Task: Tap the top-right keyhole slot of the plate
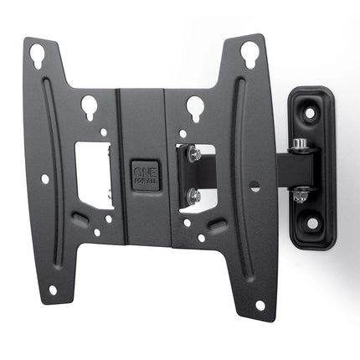[x=249, y=54]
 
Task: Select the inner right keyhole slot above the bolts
[x=194, y=107]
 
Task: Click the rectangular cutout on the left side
[x=95, y=175]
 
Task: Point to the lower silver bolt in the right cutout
[x=193, y=196]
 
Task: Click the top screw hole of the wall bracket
[x=310, y=111]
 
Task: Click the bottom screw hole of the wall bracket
[x=311, y=222]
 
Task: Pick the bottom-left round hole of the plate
[x=53, y=290]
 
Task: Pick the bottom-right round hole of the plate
[x=260, y=305]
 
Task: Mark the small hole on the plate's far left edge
[x=44, y=178]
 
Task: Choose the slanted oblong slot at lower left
[x=80, y=219]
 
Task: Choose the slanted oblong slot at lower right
[x=216, y=225]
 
